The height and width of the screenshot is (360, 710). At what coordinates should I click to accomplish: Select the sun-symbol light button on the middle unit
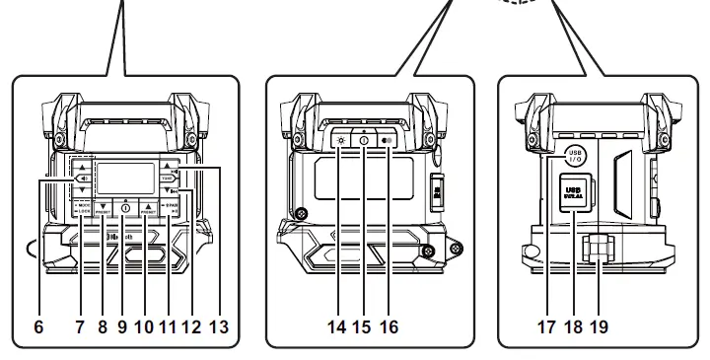tap(342, 140)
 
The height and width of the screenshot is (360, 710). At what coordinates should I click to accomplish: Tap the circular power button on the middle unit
tap(363, 140)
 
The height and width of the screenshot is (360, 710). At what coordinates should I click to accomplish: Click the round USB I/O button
tap(578, 155)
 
